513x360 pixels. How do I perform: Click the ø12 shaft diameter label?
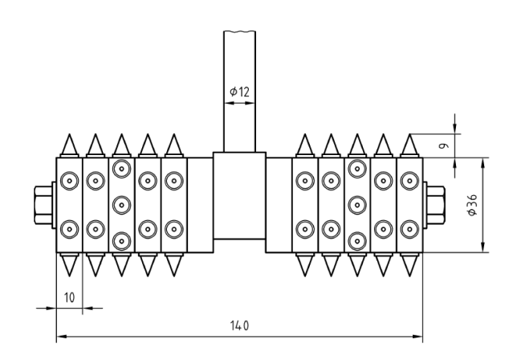[239, 92]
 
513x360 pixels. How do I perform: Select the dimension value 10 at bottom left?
[69, 297]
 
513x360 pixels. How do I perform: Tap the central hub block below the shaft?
[239, 195]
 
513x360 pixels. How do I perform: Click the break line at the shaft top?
[239, 31]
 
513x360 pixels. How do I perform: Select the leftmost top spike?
[69, 145]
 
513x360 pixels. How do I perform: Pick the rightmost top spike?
[409, 145]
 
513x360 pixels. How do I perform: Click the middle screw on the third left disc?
[121, 204]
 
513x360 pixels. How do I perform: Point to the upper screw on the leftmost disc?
[69, 180]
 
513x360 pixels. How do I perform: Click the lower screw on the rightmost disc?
[409, 228]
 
